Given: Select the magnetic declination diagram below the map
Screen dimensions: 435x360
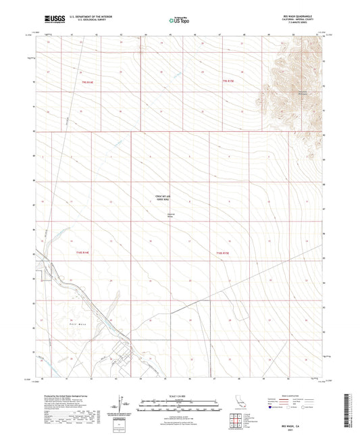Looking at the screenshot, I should click(x=122, y=405).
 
